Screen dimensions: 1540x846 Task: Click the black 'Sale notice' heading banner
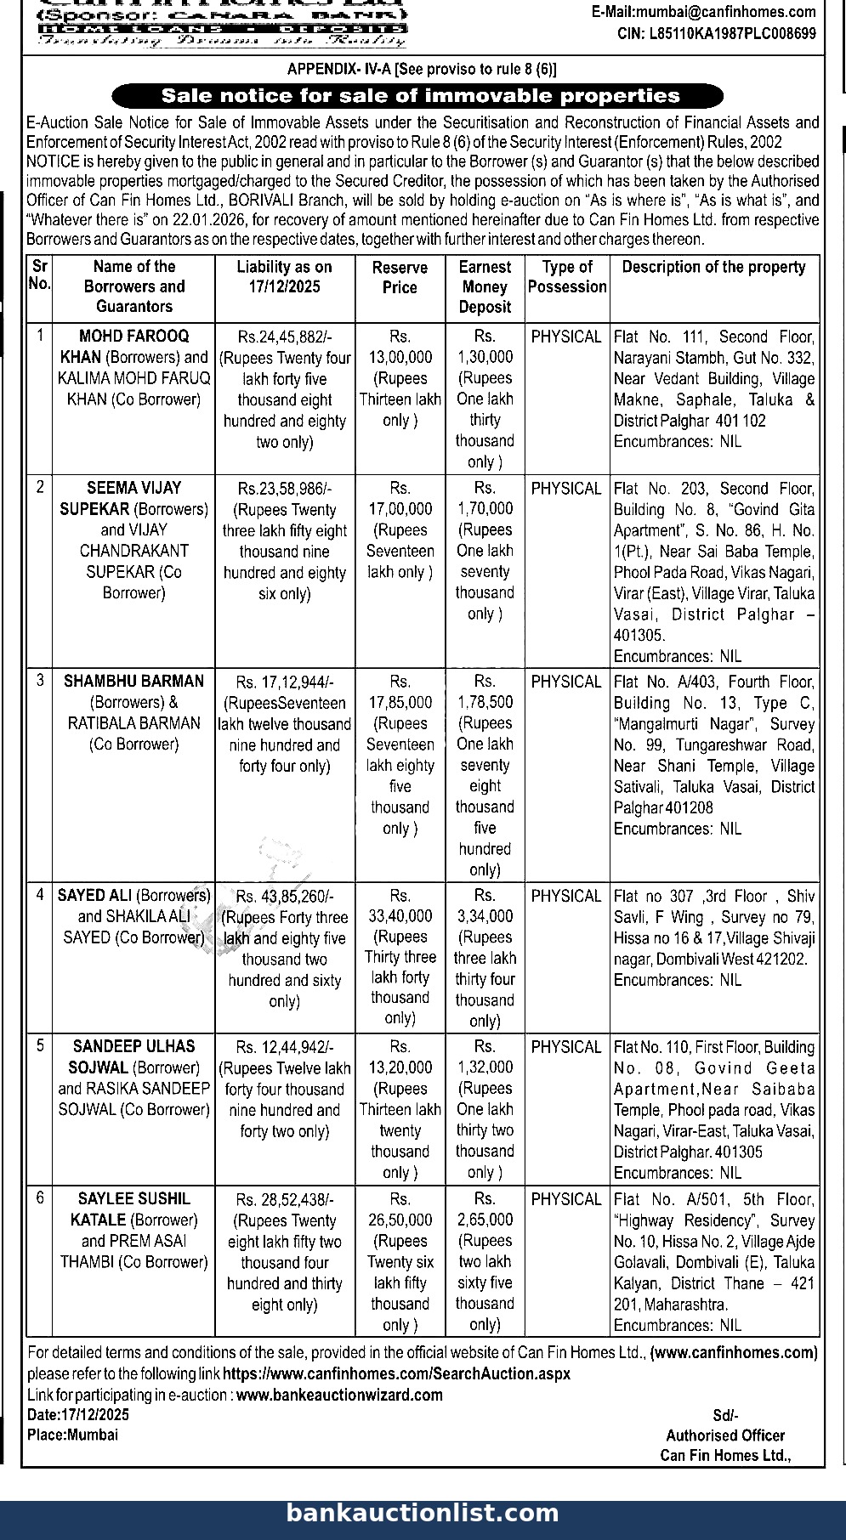[x=417, y=96]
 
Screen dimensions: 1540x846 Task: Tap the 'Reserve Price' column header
[x=400, y=277]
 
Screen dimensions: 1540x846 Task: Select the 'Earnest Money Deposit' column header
[x=485, y=287]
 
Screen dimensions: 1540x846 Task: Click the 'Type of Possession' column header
[x=567, y=277]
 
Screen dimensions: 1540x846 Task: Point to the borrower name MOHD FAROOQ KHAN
[x=133, y=346]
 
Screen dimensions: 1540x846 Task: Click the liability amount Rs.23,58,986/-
[x=285, y=489]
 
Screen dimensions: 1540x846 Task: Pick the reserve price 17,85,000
[x=400, y=703]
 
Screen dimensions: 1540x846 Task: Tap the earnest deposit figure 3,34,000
[x=485, y=916]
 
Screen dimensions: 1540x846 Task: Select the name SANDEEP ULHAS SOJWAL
[x=133, y=1056]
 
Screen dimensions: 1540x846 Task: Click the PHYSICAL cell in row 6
[x=566, y=1199]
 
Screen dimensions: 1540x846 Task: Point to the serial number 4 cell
[x=40, y=895]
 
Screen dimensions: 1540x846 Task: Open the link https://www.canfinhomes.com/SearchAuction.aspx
[x=397, y=1373]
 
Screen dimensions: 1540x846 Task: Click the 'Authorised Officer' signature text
[x=725, y=1435]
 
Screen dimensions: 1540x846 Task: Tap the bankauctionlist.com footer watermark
[x=423, y=1513]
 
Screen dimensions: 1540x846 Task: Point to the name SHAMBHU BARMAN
[x=133, y=682]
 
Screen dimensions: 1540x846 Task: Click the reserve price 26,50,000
[x=400, y=1220]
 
